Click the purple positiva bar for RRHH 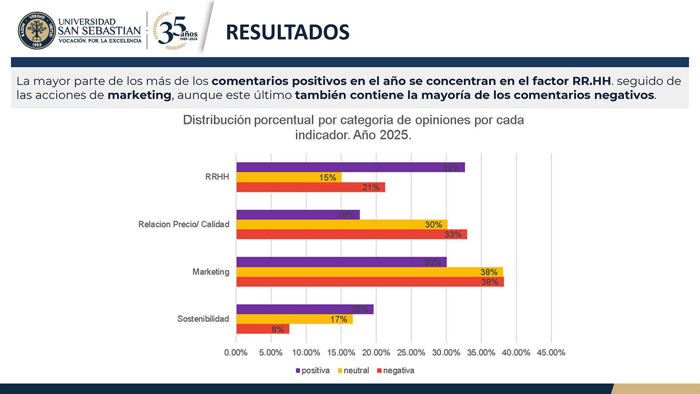pos(350,167)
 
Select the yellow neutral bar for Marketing pos(370,272)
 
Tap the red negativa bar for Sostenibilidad pos(262,329)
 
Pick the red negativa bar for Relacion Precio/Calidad pos(351,235)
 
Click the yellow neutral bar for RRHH pos(288,177)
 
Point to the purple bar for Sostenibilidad pos(305,310)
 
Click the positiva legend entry pos(313,370)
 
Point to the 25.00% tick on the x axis pos(411,353)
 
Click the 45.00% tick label pos(551,353)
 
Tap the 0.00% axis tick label pos(236,353)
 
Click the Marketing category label pos(211,272)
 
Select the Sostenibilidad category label pos(203,319)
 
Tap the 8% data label pos(278,329)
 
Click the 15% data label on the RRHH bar pos(328,177)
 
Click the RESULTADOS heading pos(288,32)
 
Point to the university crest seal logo pos(37,31)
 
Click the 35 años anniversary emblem pos(175,31)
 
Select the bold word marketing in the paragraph pos(139,95)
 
